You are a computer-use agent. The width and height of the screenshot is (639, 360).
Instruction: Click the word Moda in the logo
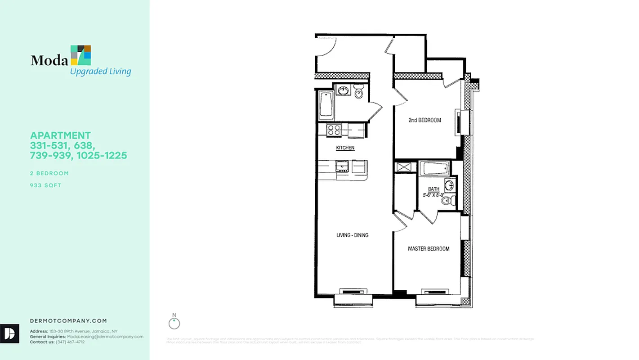(49, 60)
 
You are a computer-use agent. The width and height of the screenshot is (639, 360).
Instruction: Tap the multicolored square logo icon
(81, 55)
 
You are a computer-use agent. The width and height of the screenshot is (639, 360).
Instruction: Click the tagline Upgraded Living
(100, 71)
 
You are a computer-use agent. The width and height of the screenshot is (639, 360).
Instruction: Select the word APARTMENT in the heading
(60, 135)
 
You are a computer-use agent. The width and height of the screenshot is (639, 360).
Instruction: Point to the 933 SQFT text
(45, 185)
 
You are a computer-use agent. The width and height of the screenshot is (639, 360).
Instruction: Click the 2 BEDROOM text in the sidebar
(49, 173)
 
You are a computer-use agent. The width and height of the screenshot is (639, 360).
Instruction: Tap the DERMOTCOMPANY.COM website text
(68, 321)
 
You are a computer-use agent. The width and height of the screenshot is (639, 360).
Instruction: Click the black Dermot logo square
(9, 333)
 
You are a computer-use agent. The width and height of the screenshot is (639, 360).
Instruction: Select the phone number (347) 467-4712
(70, 342)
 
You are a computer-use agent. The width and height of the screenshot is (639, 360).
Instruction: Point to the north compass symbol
(174, 323)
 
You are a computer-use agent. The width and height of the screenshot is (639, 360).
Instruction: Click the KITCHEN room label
(345, 148)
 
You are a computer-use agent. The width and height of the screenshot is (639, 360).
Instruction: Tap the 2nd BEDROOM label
(425, 120)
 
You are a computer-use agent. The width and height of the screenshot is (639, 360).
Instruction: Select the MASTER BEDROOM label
(429, 249)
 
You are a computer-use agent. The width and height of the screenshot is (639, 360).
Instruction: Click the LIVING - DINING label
(353, 235)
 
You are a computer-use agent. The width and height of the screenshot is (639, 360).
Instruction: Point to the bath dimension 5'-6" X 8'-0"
(433, 195)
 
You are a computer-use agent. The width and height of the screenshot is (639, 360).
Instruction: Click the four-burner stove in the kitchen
(334, 130)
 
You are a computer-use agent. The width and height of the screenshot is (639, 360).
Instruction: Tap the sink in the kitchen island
(342, 167)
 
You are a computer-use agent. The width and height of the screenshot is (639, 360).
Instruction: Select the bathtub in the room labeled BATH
(434, 169)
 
